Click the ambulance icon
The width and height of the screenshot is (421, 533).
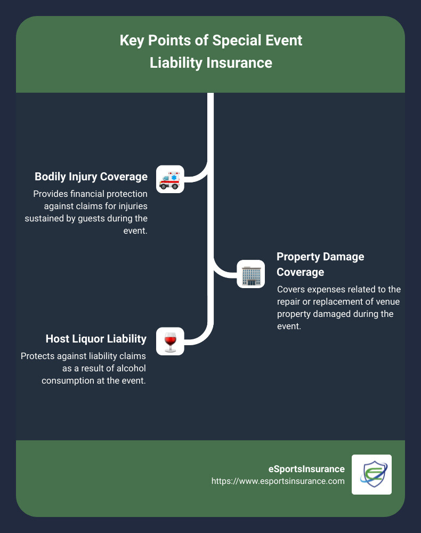coord(170,179)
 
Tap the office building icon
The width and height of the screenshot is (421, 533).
coord(250,274)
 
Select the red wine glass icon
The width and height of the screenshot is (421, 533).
coord(170,341)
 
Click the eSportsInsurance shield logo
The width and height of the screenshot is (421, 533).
coord(371,474)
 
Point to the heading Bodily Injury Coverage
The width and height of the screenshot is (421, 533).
coord(91,177)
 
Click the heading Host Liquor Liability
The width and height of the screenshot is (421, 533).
coord(96,339)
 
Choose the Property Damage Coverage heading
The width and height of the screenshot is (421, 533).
coord(320,264)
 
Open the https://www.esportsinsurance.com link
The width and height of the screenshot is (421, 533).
coord(278,481)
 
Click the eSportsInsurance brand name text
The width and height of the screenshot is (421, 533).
coord(306,469)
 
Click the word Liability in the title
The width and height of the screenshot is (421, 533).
coord(175,63)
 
